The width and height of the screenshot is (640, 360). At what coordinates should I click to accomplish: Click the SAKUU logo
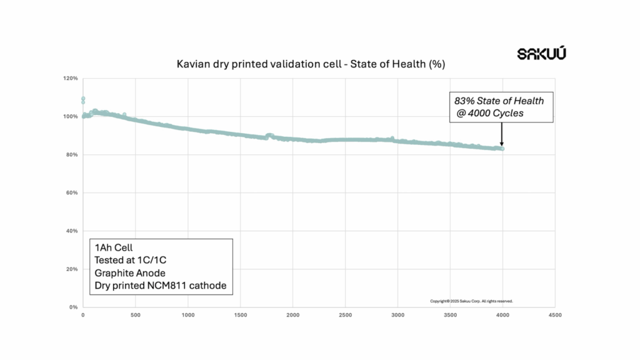(541, 54)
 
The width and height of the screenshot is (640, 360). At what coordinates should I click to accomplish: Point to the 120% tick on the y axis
(70, 79)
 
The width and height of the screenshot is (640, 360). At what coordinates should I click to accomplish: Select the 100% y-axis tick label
(70, 117)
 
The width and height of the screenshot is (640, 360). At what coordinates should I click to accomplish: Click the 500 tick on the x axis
(136, 316)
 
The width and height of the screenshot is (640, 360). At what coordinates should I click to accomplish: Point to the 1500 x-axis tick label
(240, 316)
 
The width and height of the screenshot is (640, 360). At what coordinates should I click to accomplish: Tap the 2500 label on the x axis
(345, 316)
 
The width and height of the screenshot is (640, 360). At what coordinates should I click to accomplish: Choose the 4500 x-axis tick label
(554, 316)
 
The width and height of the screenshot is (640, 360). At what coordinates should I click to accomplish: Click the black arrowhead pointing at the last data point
(501, 143)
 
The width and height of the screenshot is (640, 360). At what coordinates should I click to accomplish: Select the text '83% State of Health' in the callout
(499, 101)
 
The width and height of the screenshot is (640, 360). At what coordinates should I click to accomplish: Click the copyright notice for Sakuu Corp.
(471, 301)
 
